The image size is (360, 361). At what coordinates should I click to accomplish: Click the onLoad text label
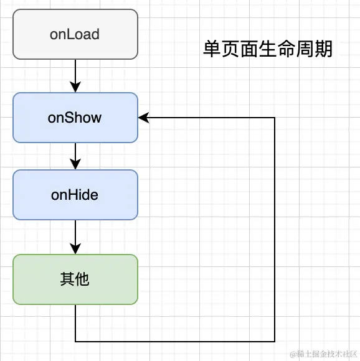tap(75, 34)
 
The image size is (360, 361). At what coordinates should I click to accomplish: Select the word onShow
tap(75, 118)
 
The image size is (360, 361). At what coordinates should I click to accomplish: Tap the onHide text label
tap(75, 195)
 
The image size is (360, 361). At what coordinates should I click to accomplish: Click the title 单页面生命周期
tap(268, 49)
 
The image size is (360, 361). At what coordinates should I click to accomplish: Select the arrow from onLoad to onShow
tap(75, 75)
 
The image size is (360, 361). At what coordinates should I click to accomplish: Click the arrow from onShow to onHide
tap(75, 156)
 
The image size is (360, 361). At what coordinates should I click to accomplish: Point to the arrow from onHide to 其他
tap(75, 237)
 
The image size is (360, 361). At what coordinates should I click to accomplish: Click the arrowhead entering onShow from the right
tap(143, 118)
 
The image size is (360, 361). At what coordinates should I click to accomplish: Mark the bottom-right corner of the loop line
tap(275, 341)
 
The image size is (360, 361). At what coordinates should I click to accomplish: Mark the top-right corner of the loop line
tap(275, 118)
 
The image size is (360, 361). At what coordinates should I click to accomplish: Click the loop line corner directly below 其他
tap(75, 341)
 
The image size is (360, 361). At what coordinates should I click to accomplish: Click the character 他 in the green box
tap(82, 279)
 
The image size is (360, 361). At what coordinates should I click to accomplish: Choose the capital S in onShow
tap(67, 118)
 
